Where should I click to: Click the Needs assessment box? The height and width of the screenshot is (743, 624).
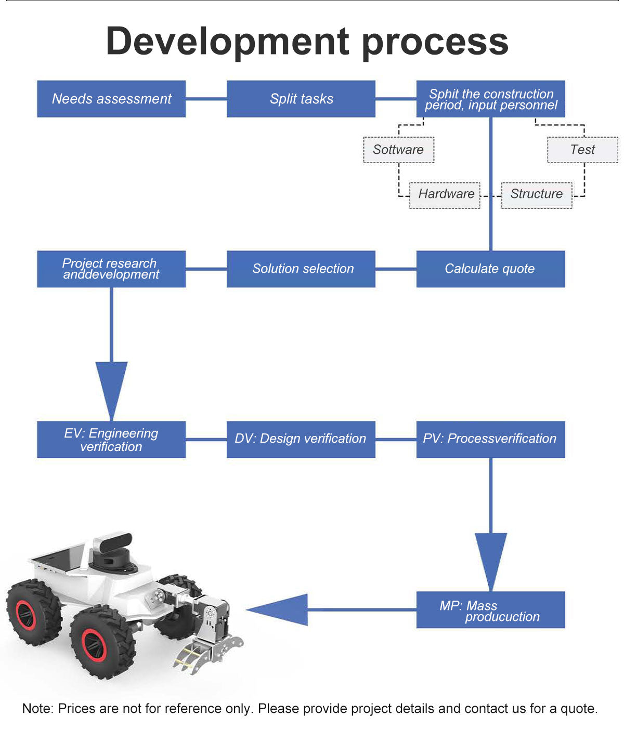111,99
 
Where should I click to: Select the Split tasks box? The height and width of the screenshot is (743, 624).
301,99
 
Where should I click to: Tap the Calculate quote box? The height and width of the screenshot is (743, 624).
490,269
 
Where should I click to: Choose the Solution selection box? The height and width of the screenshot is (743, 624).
301,269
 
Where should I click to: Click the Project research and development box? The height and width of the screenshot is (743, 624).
111,269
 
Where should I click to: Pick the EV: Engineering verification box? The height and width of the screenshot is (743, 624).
111,440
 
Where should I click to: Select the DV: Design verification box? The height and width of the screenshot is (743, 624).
301,440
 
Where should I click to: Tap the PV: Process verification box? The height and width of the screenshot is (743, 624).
490,440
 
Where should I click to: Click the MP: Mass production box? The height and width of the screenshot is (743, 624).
490,610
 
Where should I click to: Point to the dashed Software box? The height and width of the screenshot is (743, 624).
399,150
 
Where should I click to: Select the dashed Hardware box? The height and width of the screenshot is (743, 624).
445,195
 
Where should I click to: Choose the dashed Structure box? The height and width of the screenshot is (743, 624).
537,195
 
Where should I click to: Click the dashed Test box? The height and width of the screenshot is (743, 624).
582,150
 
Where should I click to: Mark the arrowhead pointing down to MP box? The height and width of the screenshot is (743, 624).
490,559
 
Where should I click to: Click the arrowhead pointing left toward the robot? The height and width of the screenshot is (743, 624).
281,610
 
